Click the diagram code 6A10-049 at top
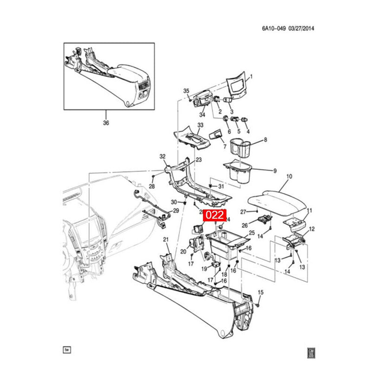click(x=273, y=28)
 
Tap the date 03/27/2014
click(x=302, y=28)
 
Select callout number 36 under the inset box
click(x=106, y=123)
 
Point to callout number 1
click(x=251, y=76)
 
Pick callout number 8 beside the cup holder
click(x=266, y=139)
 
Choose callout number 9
click(x=274, y=171)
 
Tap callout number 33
click(x=200, y=126)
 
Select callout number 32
click(x=163, y=156)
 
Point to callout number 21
click(x=165, y=239)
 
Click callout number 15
click(x=260, y=292)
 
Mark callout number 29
click(x=176, y=211)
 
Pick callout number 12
click(x=312, y=229)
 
